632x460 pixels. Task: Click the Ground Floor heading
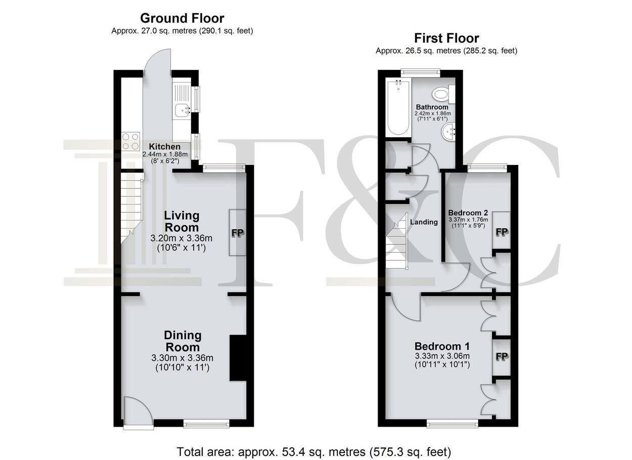click(182, 18)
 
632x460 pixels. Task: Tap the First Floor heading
click(446, 38)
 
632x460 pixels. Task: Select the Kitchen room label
click(164, 147)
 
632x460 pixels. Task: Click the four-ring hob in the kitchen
click(131, 141)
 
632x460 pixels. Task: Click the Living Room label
click(182, 221)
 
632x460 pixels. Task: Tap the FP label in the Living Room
click(238, 233)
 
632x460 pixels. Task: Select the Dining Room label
click(183, 341)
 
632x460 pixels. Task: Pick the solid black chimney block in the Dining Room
click(238, 358)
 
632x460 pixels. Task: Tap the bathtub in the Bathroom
click(398, 107)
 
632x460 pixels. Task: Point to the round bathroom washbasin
click(448, 132)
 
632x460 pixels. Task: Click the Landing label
click(424, 222)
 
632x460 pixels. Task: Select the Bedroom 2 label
click(468, 213)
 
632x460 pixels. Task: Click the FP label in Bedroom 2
click(502, 232)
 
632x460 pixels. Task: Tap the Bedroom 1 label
click(442, 346)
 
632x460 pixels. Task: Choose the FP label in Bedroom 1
click(502, 357)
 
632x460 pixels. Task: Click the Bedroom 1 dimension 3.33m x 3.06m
click(442, 356)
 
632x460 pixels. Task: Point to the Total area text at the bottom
click(314, 451)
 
